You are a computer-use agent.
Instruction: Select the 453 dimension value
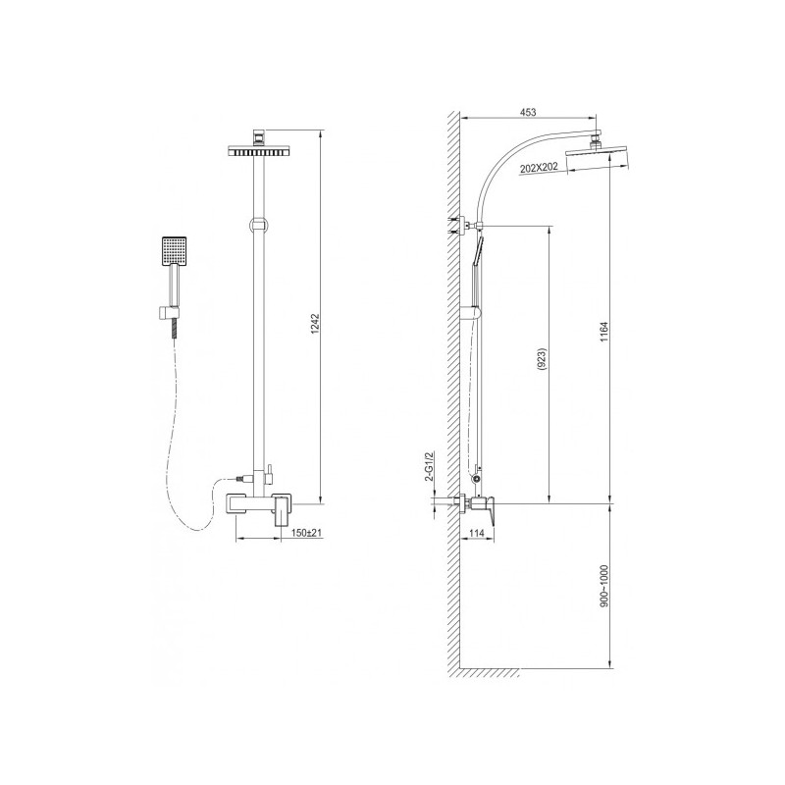[528, 113]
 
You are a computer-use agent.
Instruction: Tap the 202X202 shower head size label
[539, 167]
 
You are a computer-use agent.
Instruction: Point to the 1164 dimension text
[604, 332]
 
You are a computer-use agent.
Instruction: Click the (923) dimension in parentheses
[544, 359]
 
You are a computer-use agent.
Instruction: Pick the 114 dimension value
[477, 533]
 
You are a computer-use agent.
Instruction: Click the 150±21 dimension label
[306, 533]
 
